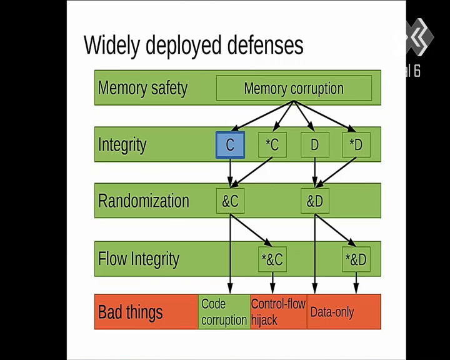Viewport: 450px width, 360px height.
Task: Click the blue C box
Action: click(230, 145)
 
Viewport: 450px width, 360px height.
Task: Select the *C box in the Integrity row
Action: click(272, 145)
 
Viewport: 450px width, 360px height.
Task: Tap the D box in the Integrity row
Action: click(315, 145)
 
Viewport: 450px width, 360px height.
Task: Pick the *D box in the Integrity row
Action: click(356, 145)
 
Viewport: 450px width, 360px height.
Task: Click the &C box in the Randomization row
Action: click(230, 201)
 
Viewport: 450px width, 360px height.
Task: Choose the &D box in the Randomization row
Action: click(315, 201)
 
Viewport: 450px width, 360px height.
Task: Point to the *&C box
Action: click(272, 259)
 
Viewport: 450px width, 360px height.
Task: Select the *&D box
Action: click(356, 259)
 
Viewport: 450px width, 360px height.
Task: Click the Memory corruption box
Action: click(294, 88)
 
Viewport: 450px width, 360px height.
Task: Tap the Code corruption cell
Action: click(224, 312)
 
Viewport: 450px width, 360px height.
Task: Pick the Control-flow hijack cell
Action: click(278, 312)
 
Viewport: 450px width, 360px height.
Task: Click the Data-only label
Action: click(332, 312)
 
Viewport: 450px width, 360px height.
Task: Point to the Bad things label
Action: click(130, 312)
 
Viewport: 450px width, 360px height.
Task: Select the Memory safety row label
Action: click(142, 88)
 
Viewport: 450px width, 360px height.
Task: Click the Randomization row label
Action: click(144, 201)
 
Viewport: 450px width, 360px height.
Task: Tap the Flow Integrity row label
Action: click(139, 259)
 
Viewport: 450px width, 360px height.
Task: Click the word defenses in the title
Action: click(266, 45)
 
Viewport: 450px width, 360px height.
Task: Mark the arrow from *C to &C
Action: click(252, 172)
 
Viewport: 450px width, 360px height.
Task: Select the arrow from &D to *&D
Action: click(336, 230)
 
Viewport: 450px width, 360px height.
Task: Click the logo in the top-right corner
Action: click(417, 37)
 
